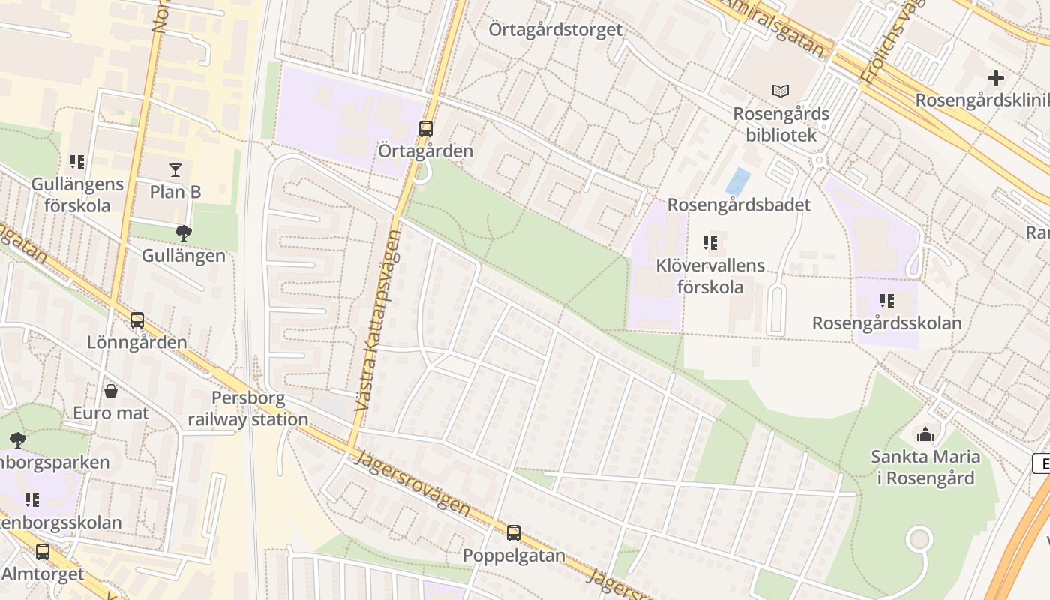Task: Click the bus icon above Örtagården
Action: click(x=426, y=129)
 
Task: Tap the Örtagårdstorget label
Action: click(x=555, y=30)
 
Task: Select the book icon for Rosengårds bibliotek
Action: click(x=781, y=91)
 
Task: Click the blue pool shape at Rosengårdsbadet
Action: click(x=738, y=182)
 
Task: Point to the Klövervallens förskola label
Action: click(x=710, y=275)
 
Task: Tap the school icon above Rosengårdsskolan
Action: click(x=887, y=301)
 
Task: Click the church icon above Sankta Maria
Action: click(x=925, y=434)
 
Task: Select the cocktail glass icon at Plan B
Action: click(x=175, y=170)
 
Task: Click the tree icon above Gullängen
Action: click(x=183, y=233)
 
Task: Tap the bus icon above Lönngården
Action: click(x=136, y=320)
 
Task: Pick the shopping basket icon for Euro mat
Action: click(x=111, y=391)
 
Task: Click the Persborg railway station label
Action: click(x=247, y=409)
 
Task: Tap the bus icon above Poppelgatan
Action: click(x=514, y=533)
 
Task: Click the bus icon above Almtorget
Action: click(x=43, y=552)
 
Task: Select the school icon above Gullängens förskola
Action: click(x=77, y=162)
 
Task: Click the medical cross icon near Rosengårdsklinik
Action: click(x=996, y=78)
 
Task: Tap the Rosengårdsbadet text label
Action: click(x=739, y=205)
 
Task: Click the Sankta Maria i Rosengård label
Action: click(x=925, y=467)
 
